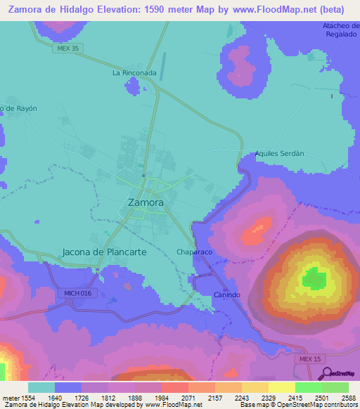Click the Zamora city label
coord(146,202)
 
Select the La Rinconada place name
coord(134,72)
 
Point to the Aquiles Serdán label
coord(279,152)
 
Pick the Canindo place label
coord(227,294)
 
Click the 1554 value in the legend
coord(29,397)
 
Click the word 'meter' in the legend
coord(11,397)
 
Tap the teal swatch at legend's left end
coord(41,387)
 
